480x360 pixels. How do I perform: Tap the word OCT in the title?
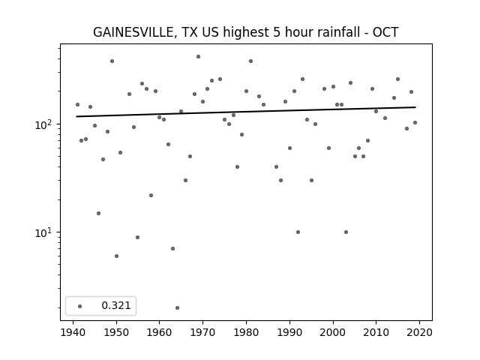click(x=385, y=32)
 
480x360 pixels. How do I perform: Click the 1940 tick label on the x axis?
click(x=73, y=333)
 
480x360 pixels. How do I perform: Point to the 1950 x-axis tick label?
click(x=116, y=333)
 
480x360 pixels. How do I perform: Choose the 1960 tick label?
click(x=160, y=333)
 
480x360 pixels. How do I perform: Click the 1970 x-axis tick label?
click(x=202, y=333)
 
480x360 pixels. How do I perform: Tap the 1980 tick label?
click(x=246, y=333)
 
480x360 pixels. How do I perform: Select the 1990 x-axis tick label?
click(x=289, y=333)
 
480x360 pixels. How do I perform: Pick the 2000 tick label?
click(x=332, y=333)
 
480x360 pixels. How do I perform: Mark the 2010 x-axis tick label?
click(x=376, y=333)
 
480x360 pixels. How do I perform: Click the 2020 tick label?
click(x=419, y=333)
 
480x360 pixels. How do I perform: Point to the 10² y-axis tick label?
click(x=45, y=124)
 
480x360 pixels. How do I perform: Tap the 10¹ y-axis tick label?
click(x=45, y=232)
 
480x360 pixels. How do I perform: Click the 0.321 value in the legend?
click(x=116, y=305)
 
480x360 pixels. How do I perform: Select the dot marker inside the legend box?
click(x=80, y=306)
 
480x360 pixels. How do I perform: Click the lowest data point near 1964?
click(x=177, y=307)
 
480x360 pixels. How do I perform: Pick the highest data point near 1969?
click(x=198, y=57)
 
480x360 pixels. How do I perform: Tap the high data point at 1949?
click(x=112, y=61)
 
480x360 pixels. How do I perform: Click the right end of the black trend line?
click(x=415, y=107)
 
